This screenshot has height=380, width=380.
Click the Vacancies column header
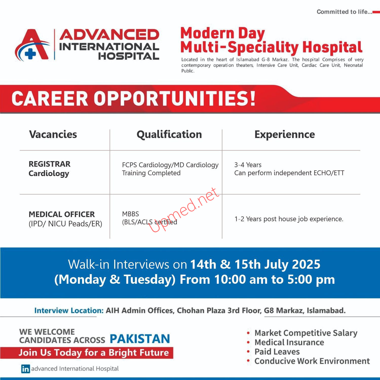tap(53, 134)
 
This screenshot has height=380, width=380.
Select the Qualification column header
tap(169, 135)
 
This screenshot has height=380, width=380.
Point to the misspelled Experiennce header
tap(285, 135)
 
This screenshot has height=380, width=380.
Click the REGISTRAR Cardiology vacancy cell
tap(50, 169)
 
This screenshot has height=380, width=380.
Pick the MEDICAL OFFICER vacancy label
tap(62, 214)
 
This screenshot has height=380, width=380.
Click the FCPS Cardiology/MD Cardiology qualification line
tap(170, 165)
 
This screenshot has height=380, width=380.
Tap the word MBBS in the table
tap(130, 214)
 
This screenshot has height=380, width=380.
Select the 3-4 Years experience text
tap(248, 165)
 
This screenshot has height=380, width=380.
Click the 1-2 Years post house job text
tap(289, 219)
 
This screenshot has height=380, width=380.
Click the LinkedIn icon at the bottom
tap(26, 369)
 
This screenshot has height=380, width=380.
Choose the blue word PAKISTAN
tap(140, 339)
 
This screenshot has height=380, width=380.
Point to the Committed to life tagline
tap(344, 12)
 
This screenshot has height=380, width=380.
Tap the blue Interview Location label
tap(69, 311)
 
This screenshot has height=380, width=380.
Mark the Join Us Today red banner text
tap(94, 353)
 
